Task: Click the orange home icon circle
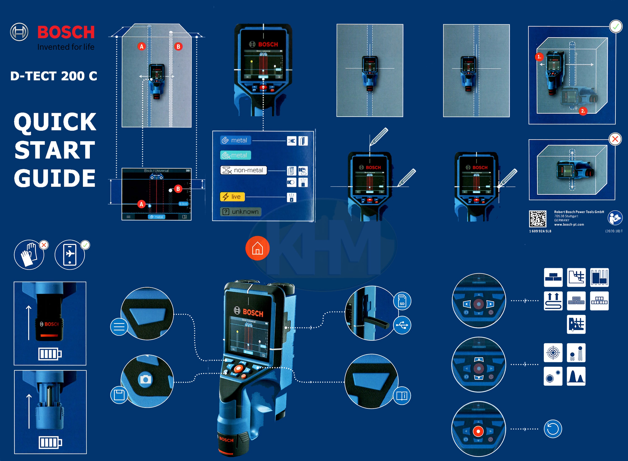click(x=257, y=248)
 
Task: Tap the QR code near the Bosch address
click(x=537, y=219)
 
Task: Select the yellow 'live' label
click(x=232, y=197)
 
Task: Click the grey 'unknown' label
click(x=241, y=212)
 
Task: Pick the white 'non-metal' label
click(x=243, y=170)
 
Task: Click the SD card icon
click(x=402, y=301)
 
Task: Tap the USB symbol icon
click(x=402, y=325)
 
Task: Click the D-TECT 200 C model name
click(x=54, y=76)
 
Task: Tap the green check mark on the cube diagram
click(x=616, y=27)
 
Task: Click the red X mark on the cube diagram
click(x=615, y=139)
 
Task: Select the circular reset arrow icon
click(x=553, y=429)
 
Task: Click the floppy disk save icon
click(x=119, y=395)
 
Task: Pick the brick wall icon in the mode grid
click(x=553, y=277)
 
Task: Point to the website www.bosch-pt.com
click(x=569, y=225)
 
